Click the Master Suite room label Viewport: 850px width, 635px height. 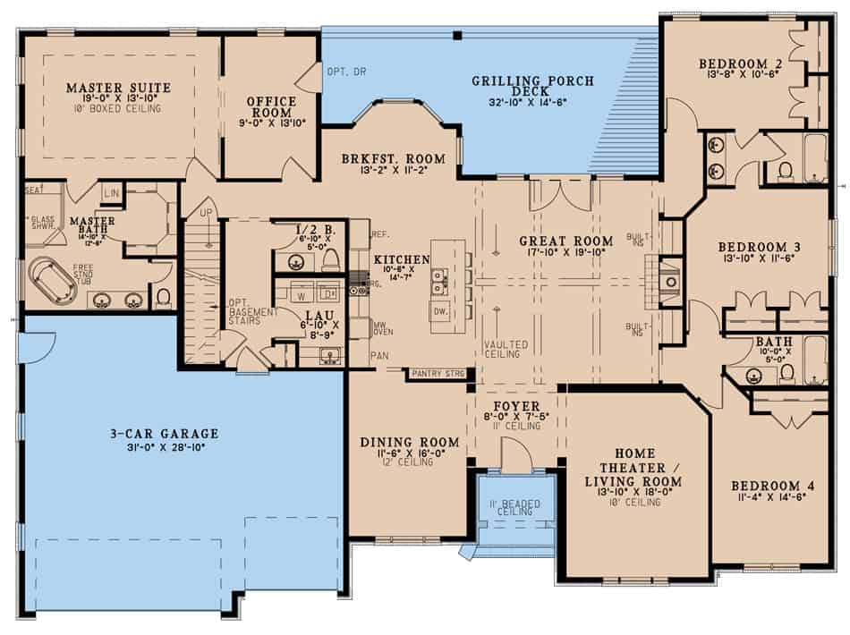(118, 88)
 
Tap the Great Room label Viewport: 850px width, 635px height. (566, 241)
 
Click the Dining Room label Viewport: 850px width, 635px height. (409, 442)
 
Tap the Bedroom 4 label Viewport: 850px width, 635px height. (772, 486)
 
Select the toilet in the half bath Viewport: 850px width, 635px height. (329, 259)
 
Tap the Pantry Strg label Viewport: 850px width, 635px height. (436, 373)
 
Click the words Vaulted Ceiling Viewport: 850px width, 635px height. (506, 349)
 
